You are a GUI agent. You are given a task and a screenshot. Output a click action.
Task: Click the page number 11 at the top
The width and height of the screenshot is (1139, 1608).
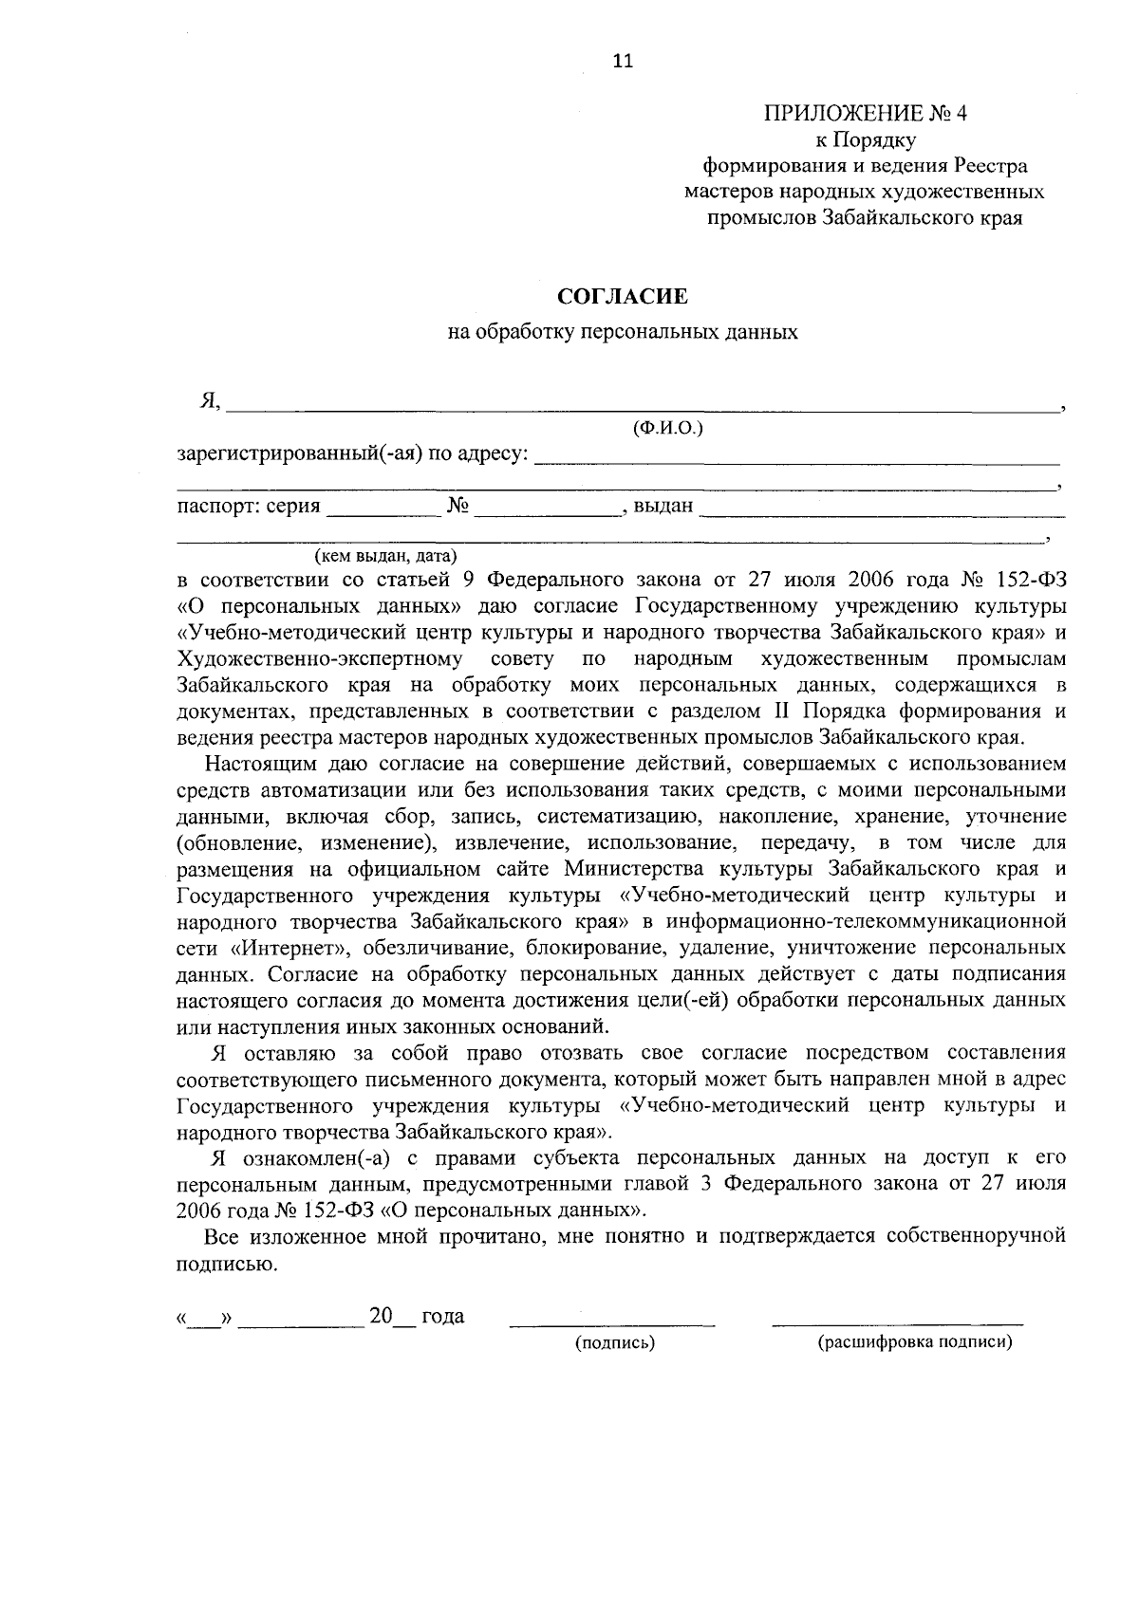[622, 62]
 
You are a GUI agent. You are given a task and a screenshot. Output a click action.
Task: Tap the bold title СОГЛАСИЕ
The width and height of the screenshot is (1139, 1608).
[622, 297]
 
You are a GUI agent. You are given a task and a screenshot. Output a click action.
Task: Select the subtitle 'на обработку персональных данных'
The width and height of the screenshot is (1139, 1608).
[623, 333]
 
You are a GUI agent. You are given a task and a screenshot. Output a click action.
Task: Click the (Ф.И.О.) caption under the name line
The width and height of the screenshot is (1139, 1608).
[667, 429]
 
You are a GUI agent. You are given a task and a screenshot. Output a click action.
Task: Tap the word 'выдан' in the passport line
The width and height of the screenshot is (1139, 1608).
[663, 506]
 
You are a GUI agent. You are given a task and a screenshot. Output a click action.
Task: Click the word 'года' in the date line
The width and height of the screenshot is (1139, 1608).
[442, 1317]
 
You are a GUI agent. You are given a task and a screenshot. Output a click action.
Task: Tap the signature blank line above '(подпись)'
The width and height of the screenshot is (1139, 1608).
[612, 1321]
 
